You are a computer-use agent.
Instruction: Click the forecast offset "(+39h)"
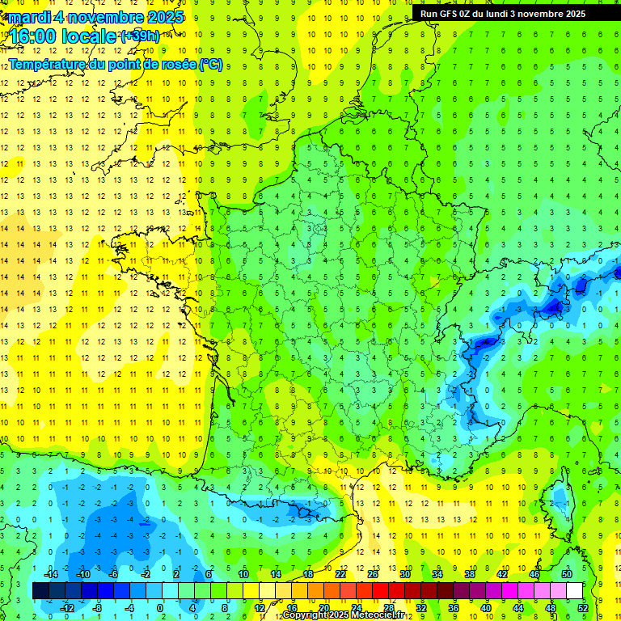coord(140,36)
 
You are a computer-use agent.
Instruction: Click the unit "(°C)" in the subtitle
coord(211,64)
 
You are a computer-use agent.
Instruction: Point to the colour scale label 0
coord(160,607)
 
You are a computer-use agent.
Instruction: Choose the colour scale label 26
coord(373,574)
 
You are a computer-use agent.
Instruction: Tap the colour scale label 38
coord(470,574)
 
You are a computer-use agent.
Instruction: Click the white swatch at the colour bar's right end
coord(574,591)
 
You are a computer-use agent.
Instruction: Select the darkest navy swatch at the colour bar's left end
coord(41,591)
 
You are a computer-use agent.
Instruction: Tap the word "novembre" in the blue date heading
coord(104,17)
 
